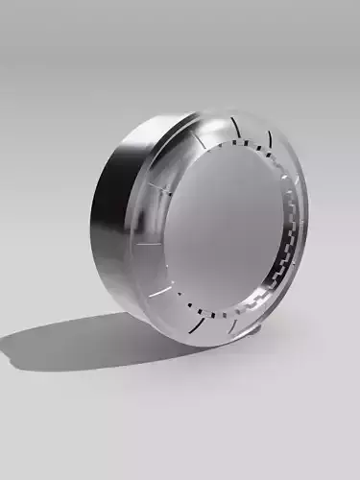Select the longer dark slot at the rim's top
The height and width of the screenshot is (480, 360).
(x=235, y=125)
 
